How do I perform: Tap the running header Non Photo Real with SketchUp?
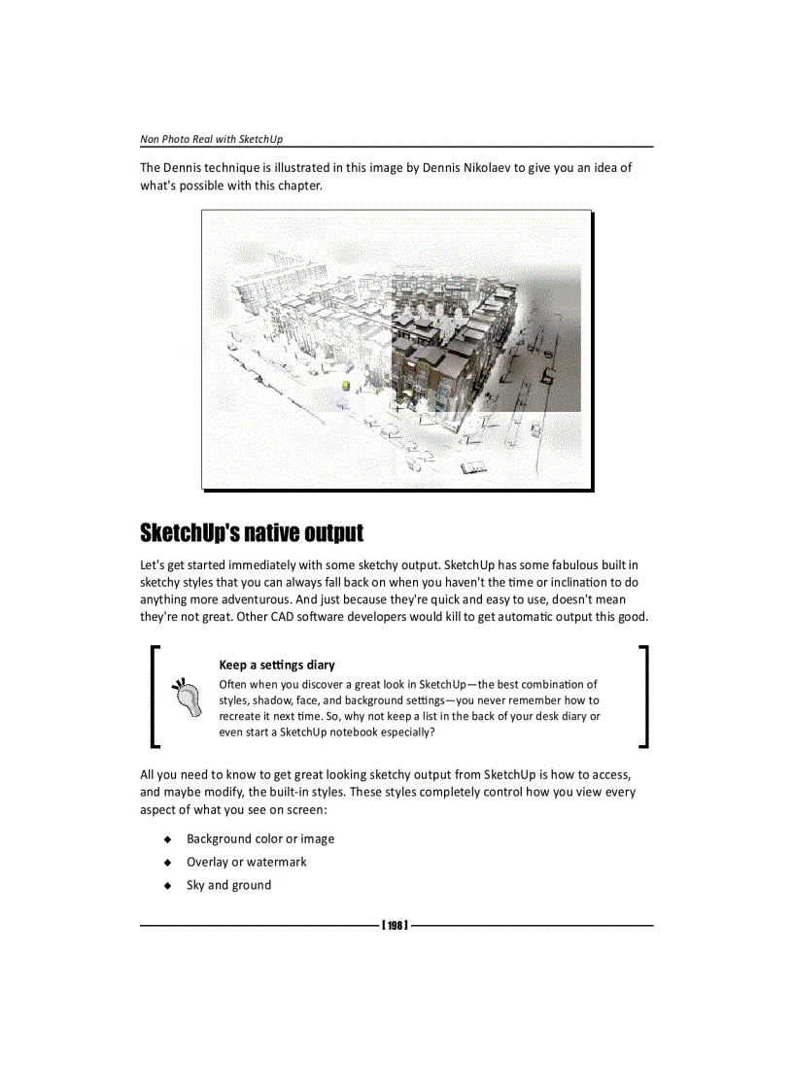coord(212,139)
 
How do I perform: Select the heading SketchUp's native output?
coord(252,533)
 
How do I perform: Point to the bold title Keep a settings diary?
coord(277,665)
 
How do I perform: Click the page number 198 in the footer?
coord(395,925)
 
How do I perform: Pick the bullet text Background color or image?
coord(260,838)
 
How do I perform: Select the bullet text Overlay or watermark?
coord(247,862)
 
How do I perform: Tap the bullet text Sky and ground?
coord(229,885)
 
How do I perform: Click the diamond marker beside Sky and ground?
coord(167,885)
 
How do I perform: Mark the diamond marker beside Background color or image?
coord(167,838)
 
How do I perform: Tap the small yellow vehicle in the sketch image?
coord(344,385)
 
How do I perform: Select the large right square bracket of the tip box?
coord(643,697)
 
